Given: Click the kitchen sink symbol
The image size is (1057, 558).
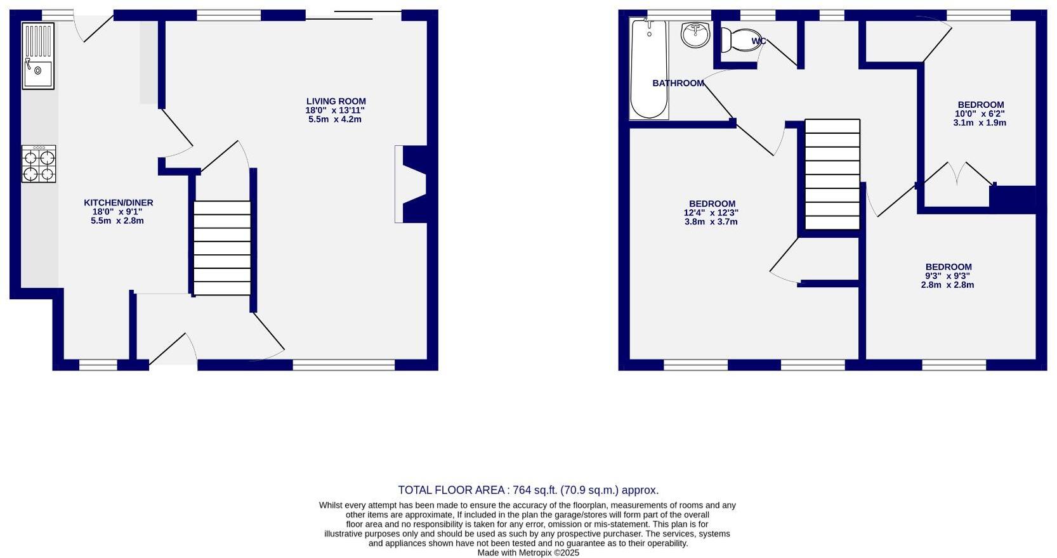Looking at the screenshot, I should click(38, 56).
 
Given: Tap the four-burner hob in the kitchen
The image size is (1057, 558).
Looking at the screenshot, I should click(39, 164).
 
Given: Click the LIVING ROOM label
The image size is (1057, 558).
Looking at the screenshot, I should click(336, 101).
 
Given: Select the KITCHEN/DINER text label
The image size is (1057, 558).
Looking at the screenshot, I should click(118, 203).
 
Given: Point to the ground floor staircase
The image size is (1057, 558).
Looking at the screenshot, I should click(222, 248).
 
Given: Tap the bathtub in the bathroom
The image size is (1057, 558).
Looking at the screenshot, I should click(648, 68).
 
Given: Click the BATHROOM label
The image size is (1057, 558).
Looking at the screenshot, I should click(678, 83).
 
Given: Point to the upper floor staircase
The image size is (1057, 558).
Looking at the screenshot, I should click(832, 174).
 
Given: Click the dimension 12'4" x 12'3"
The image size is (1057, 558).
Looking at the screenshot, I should click(711, 213).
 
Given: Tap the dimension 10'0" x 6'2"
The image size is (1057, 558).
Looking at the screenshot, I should click(980, 114).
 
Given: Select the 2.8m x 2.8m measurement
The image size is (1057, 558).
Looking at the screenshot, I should click(947, 285).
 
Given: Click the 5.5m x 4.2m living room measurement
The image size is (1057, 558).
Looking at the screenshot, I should click(335, 119).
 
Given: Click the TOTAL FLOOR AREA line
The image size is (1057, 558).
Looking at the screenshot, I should click(528, 490).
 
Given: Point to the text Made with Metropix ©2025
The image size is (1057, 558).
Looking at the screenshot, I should click(528, 553).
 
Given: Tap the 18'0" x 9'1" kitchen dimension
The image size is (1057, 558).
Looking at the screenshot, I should click(118, 212).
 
